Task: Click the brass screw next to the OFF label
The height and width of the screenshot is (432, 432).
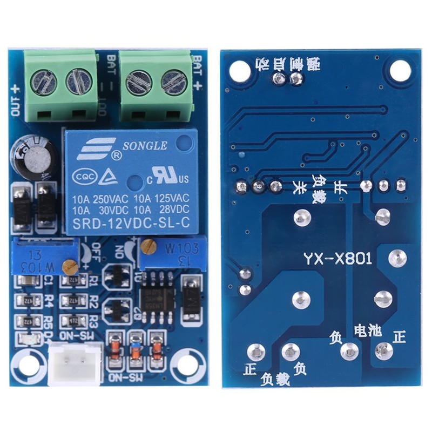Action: coord(69,265)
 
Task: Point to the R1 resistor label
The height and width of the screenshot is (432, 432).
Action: coord(92,280)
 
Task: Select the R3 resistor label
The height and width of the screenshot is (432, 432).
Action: coord(92,318)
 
